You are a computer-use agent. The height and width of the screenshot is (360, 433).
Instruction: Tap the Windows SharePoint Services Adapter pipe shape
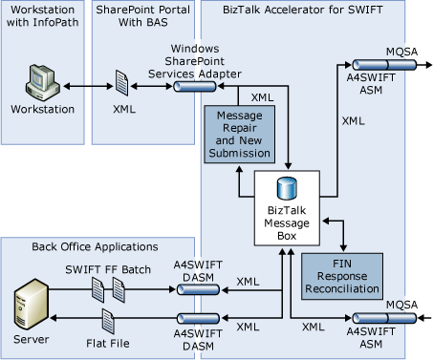pos(194,86)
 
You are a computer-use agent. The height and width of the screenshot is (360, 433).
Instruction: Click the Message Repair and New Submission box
pos(240,128)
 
